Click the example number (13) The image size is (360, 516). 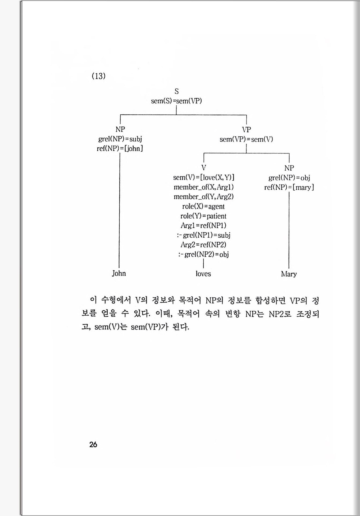(98, 76)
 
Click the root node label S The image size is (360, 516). (176, 91)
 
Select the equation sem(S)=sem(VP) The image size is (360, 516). (176, 101)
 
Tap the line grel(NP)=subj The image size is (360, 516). (120, 139)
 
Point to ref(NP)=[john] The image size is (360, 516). (120, 148)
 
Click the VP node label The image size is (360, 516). (246, 130)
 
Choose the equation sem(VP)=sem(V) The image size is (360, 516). (246, 139)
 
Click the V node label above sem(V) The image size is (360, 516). (204, 168)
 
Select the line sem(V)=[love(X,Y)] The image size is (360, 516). (204, 177)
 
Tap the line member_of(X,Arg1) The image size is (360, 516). (203, 187)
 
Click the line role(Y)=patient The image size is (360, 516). (203, 216)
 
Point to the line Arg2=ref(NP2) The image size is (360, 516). (203, 245)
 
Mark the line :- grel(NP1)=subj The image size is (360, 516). (203, 235)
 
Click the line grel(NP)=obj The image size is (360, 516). (289, 178)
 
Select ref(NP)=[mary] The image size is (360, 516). (289, 187)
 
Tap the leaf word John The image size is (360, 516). (119, 273)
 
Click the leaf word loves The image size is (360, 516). (203, 274)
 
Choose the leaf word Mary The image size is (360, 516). (289, 274)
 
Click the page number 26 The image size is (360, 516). (93, 444)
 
